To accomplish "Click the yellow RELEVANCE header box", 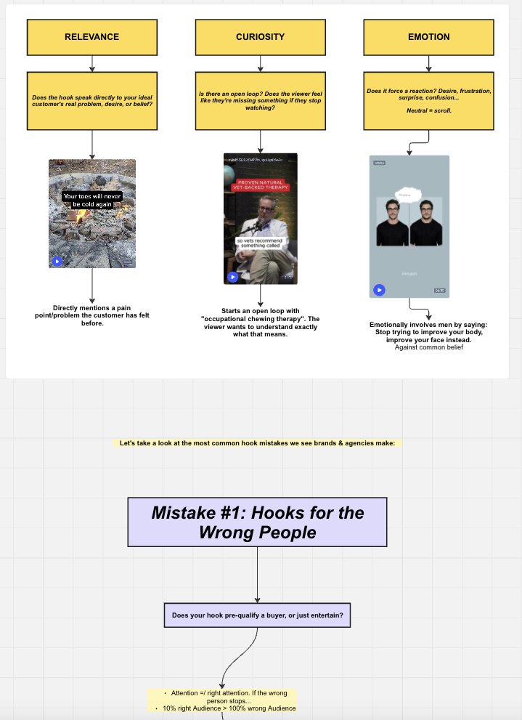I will point(91,37).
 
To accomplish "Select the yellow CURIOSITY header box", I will point(260,37).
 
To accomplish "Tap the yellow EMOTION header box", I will point(428,37).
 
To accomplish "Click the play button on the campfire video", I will point(57,262).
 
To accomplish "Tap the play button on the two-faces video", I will point(378,290).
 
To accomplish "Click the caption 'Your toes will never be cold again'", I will point(92,200).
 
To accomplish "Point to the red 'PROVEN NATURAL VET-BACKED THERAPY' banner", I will point(260,186).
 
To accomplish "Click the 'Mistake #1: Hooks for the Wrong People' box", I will point(257,522).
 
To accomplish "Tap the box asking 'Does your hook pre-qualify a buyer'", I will point(257,615).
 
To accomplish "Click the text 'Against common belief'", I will point(428,348).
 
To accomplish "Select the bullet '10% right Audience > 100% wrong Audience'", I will point(229,708).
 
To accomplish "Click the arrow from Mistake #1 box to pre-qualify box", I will point(257,575).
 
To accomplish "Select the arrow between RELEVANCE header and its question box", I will point(92,63).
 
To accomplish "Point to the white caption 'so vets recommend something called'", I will point(260,245).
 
